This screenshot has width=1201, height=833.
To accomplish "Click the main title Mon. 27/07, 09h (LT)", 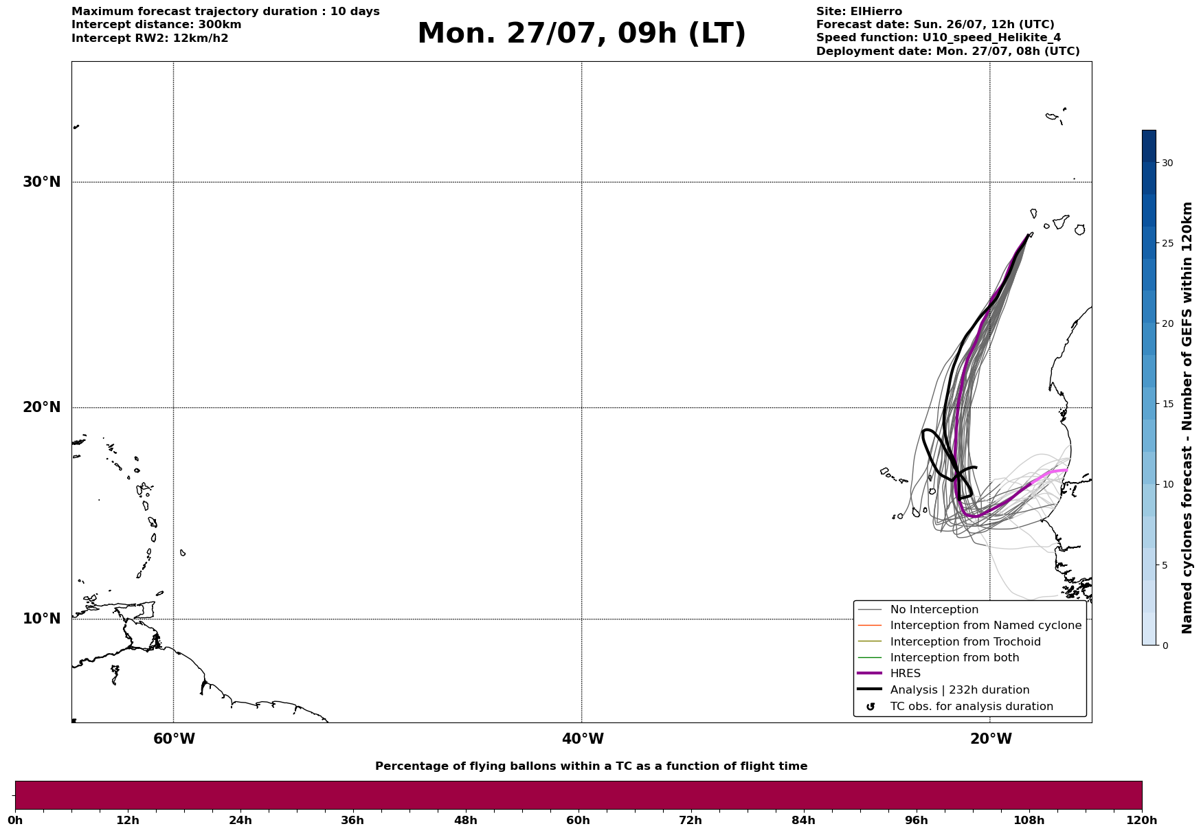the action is [581, 34].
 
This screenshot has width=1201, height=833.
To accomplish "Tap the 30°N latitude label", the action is [42, 182].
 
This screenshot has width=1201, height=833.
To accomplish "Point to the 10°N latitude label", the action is [42, 619].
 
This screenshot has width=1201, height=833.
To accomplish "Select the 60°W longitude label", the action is [174, 739].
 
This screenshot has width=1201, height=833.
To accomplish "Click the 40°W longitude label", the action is [583, 739].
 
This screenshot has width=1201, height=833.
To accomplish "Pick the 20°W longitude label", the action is [991, 739].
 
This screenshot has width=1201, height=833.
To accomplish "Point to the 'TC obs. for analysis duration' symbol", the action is [871, 707].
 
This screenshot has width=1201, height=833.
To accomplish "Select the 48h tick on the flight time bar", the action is [465, 820].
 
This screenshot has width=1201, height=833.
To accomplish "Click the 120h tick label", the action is [1142, 820].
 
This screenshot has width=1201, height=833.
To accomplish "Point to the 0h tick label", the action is [15, 820].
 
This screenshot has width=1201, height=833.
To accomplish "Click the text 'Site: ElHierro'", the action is [859, 12].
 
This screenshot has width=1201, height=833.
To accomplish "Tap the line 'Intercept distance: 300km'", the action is [157, 25].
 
